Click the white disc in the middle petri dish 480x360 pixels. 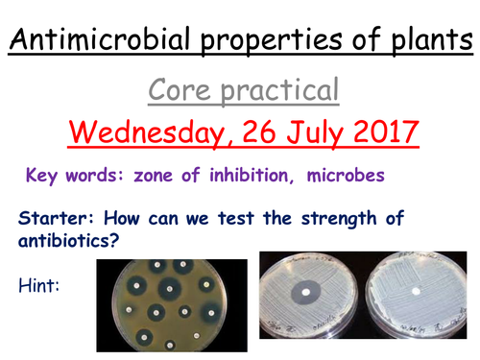pyautogui.click(x=309, y=289)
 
